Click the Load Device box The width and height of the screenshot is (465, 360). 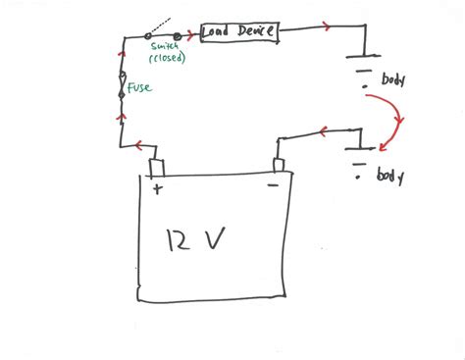pyautogui.click(x=240, y=33)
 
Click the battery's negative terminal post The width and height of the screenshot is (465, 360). pyautogui.click(x=278, y=163)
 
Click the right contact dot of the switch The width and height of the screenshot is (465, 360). pyautogui.click(x=178, y=35)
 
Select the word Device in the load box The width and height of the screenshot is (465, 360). pyautogui.click(x=256, y=33)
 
